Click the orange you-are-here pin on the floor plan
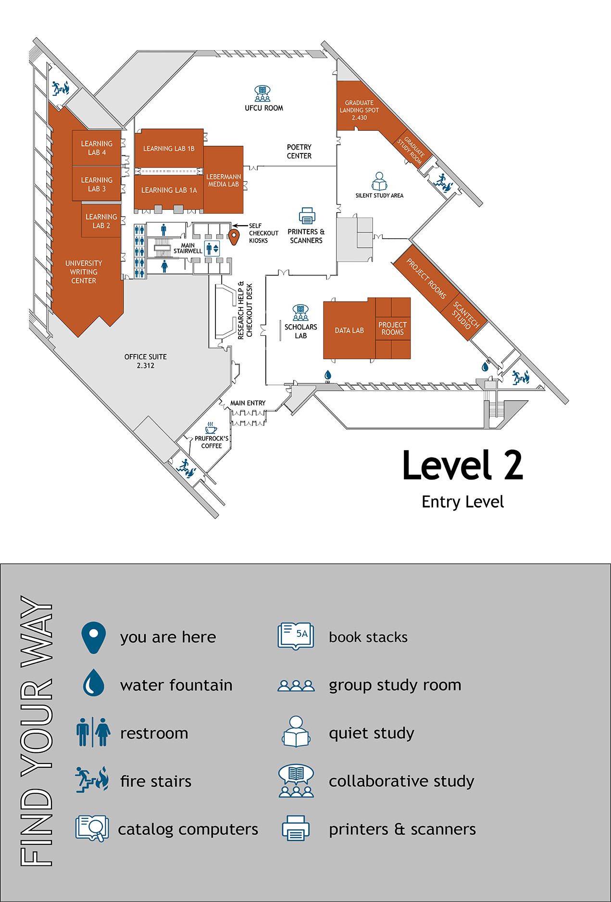pos(234,236)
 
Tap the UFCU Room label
pos(264,108)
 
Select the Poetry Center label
pos(299,152)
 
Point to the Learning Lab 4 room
pos(97,148)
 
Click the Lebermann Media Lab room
pos(224,180)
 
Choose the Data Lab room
pos(349,330)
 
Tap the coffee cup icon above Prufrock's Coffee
pos(211,428)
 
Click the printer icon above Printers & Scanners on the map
pos(307,216)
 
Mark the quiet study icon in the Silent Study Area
pos(379,181)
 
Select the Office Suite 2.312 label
pos(146,361)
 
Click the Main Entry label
pos(248,403)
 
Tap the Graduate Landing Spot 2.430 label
pos(359,110)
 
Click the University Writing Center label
pos(84,272)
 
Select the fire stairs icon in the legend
pos(92,780)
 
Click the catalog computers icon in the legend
pos(92,828)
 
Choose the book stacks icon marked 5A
pos(296,636)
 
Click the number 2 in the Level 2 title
pos(513,465)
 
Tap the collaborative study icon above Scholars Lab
pos(300,313)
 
